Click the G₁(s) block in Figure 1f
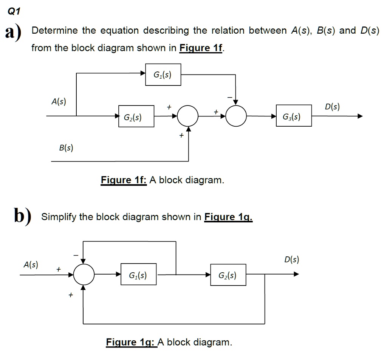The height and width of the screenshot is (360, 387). pyautogui.click(x=163, y=75)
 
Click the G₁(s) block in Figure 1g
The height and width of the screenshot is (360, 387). pyautogui.click(x=138, y=275)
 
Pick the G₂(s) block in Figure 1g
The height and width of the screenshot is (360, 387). pyautogui.click(x=228, y=275)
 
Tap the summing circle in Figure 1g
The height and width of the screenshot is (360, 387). pyautogui.click(x=84, y=275)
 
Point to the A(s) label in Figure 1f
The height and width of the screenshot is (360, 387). pyautogui.click(x=59, y=101)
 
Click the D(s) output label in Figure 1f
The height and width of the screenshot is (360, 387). pyautogui.click(x=332, y=107)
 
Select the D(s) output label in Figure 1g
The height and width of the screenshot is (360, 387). pyautogui.click(x=291, y=260)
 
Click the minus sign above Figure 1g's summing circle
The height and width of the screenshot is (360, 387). pyautogui.click(x=75, y=256)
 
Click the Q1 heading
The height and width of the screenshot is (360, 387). pyautogui.click(x=13, y=11)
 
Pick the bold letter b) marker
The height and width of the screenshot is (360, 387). pyautogui.click(x=21, y=217)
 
